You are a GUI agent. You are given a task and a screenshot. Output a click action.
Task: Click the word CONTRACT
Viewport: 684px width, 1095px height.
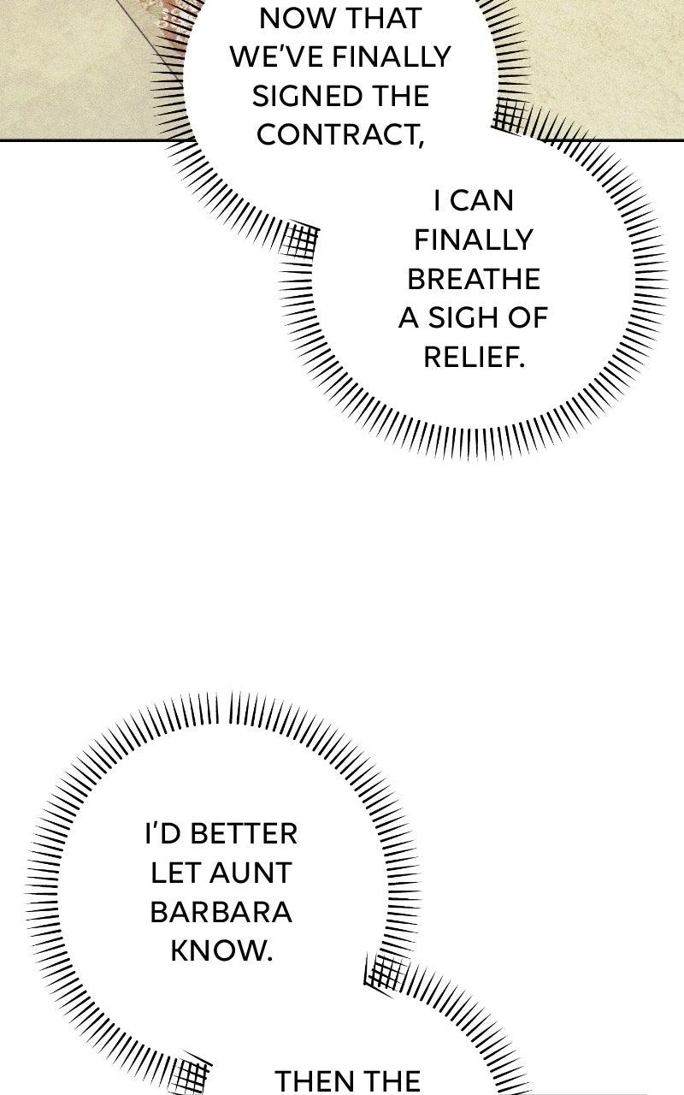[339, 135]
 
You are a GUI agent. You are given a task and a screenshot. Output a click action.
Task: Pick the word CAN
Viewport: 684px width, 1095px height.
[481, 201]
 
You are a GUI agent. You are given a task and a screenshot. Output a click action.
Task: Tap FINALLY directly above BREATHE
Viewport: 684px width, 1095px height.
[473, 240]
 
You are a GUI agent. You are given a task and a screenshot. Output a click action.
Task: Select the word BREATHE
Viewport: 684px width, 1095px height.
[473, 280]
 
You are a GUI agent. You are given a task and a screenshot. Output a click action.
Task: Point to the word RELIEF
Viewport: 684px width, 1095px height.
[473, 358]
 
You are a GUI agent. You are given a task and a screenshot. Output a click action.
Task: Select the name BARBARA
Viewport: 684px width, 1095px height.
[221, 912]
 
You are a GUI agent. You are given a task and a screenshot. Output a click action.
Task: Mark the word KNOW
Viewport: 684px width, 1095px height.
[221, 951]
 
